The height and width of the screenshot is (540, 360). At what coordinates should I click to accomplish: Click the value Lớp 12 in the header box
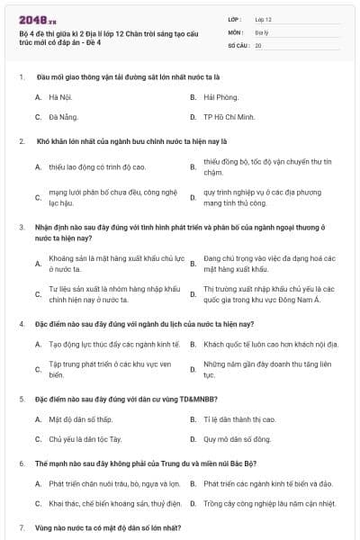coord(263,18)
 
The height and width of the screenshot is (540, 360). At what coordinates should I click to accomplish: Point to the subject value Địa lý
coord(260,31)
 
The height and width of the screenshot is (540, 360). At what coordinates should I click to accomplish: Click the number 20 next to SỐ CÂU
coord(258,43)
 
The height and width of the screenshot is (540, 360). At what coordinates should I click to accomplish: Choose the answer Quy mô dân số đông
coord(237,440)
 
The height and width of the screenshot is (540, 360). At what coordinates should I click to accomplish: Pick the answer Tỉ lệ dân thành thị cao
coord(241,419)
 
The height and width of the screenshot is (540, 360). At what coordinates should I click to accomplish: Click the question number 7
coord(22,526)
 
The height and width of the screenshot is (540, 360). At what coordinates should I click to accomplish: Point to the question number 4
coord(22,323)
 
